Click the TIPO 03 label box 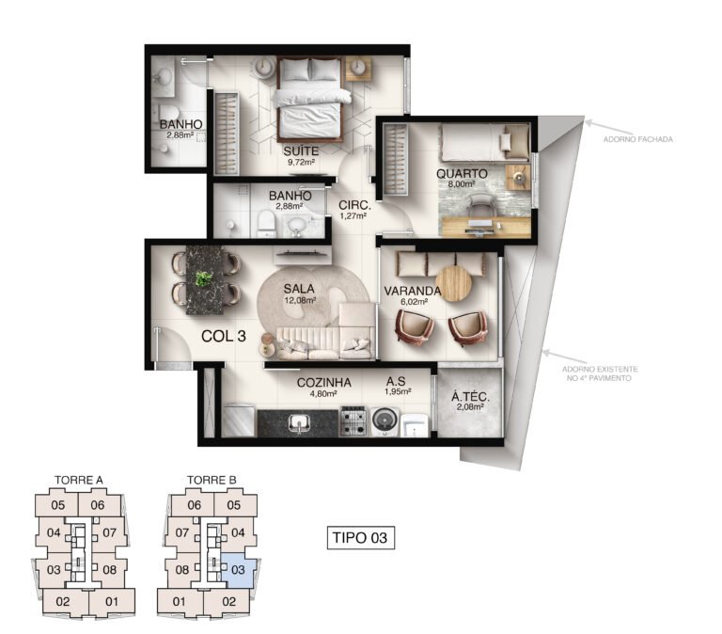pyautogui.click(x=361, y=538)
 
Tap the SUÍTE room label pyautogui.click(x=301, y=151)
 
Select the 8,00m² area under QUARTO pyautogui.click(x=462, y=183)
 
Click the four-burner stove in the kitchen pyautogui.click(x=353, y=420)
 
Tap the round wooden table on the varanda pyautogui.click(x=453, y=283)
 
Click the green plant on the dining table pyautogui.click(x=203, y=278)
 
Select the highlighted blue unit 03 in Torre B pyautogui.click(x=237, y=569)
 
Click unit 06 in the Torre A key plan pyautogui.click(x=98, y=505)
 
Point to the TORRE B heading pyautogui.click(x=212, y=480)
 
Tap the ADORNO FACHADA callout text pyautogui.click(x=637, y=139)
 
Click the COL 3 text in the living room pyautogui.click(x=224, y=337)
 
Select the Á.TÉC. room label pyautogui.click(x=470, y=397)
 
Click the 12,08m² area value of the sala pyautogui.click(x=300, y=300)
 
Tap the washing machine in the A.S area pyautogui.click(x=385, y=421)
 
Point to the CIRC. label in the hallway pyautogui.click(x=354, y=205)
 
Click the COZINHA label pyautogui.click(x=323, y=383)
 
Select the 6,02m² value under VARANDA pyautogui.click(x=413, y=302)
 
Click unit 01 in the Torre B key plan pyautogui.click(x=180, y=601)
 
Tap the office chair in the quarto pyautogui.click(x=481, y=205)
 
